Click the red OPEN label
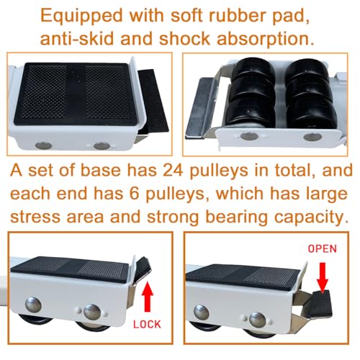pos(323,248)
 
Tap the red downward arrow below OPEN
pos(322,270)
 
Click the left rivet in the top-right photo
pos(247,135)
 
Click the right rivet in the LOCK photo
pos(91,311)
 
